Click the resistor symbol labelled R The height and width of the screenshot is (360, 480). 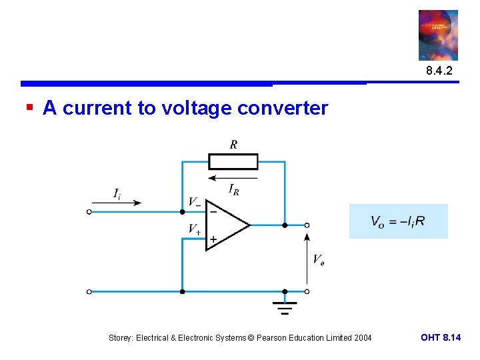coord(233,162)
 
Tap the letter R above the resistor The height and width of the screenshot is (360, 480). coord(233,144)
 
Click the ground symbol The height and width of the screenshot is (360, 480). coord(285,307)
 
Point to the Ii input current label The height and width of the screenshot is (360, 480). coord(117,193)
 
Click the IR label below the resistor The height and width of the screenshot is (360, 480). coord(235,189)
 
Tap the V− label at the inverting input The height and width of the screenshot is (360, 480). coord(194,201)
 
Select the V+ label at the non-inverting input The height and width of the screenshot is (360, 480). coord(194,229)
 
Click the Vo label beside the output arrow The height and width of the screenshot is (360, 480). coord(319,259)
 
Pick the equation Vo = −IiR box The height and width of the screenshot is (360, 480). coord(398,221)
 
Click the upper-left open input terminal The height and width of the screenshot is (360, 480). coord(89,212)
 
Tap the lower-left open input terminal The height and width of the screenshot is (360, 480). coord(89,291)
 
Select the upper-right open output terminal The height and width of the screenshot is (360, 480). coord(307,225)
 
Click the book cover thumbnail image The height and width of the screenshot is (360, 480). coord(438,35)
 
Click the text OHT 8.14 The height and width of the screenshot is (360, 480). coord(440,338)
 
